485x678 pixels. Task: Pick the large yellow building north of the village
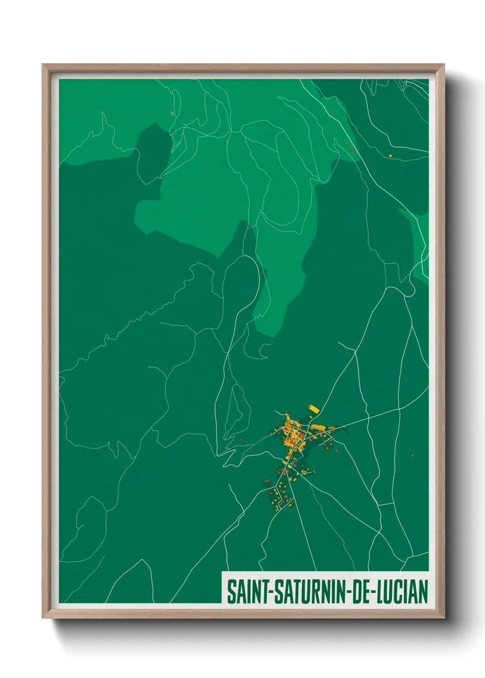point(313,408)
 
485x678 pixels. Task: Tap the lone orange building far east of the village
point(413,455)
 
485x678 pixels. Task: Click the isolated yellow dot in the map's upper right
point(390,156)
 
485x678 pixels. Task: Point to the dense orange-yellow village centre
point(291,435)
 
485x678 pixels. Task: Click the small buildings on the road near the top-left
point(172,112)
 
